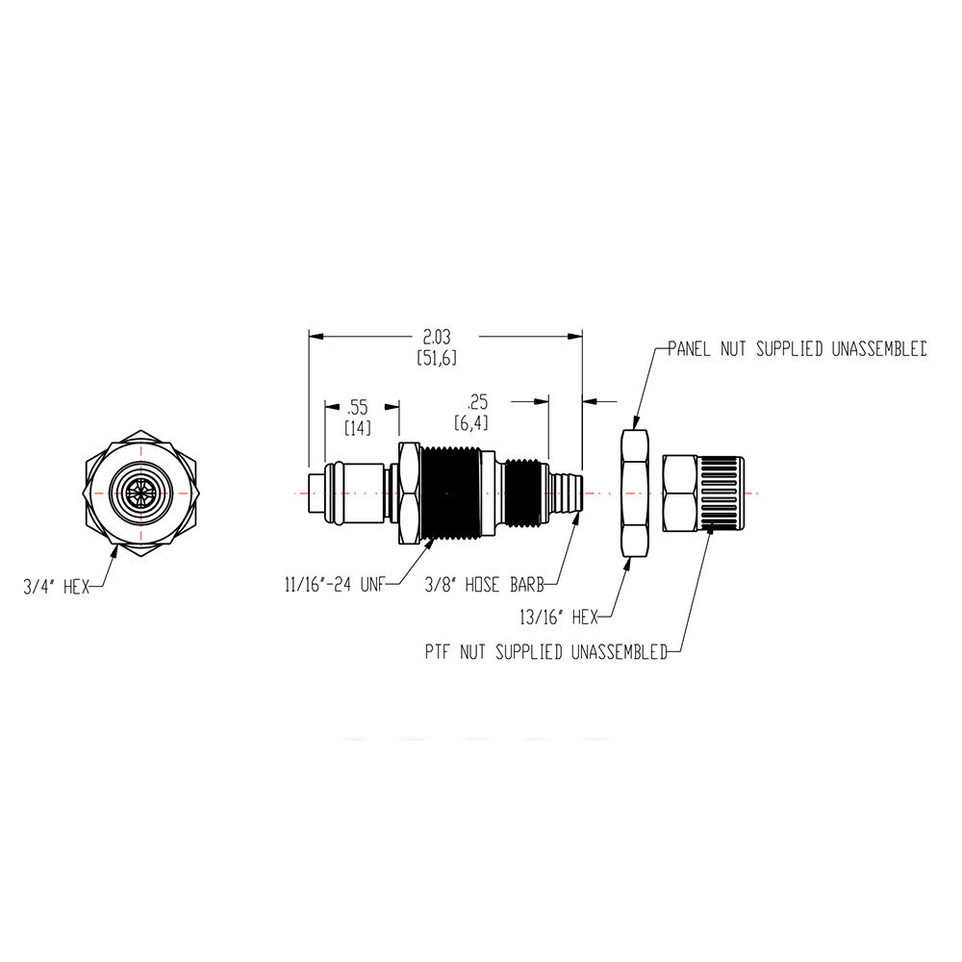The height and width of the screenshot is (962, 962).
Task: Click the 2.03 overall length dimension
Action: coord(436,337)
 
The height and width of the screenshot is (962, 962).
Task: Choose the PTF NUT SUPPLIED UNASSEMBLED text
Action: coord(545,653)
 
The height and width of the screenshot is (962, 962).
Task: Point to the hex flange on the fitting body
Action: coord(407,493)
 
